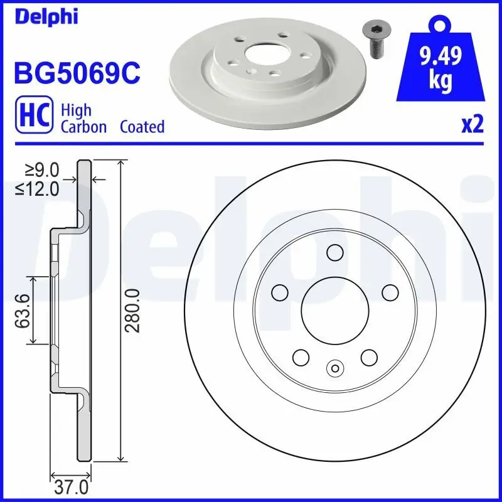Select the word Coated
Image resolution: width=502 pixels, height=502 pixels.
142,127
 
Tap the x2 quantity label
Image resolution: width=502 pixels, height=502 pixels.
472,125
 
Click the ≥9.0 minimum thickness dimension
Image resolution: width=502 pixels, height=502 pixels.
43,170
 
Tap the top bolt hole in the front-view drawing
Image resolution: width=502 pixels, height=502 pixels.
334,252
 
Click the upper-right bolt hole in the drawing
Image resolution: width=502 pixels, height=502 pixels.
390,292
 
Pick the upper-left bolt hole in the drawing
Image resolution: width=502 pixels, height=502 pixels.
279,292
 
